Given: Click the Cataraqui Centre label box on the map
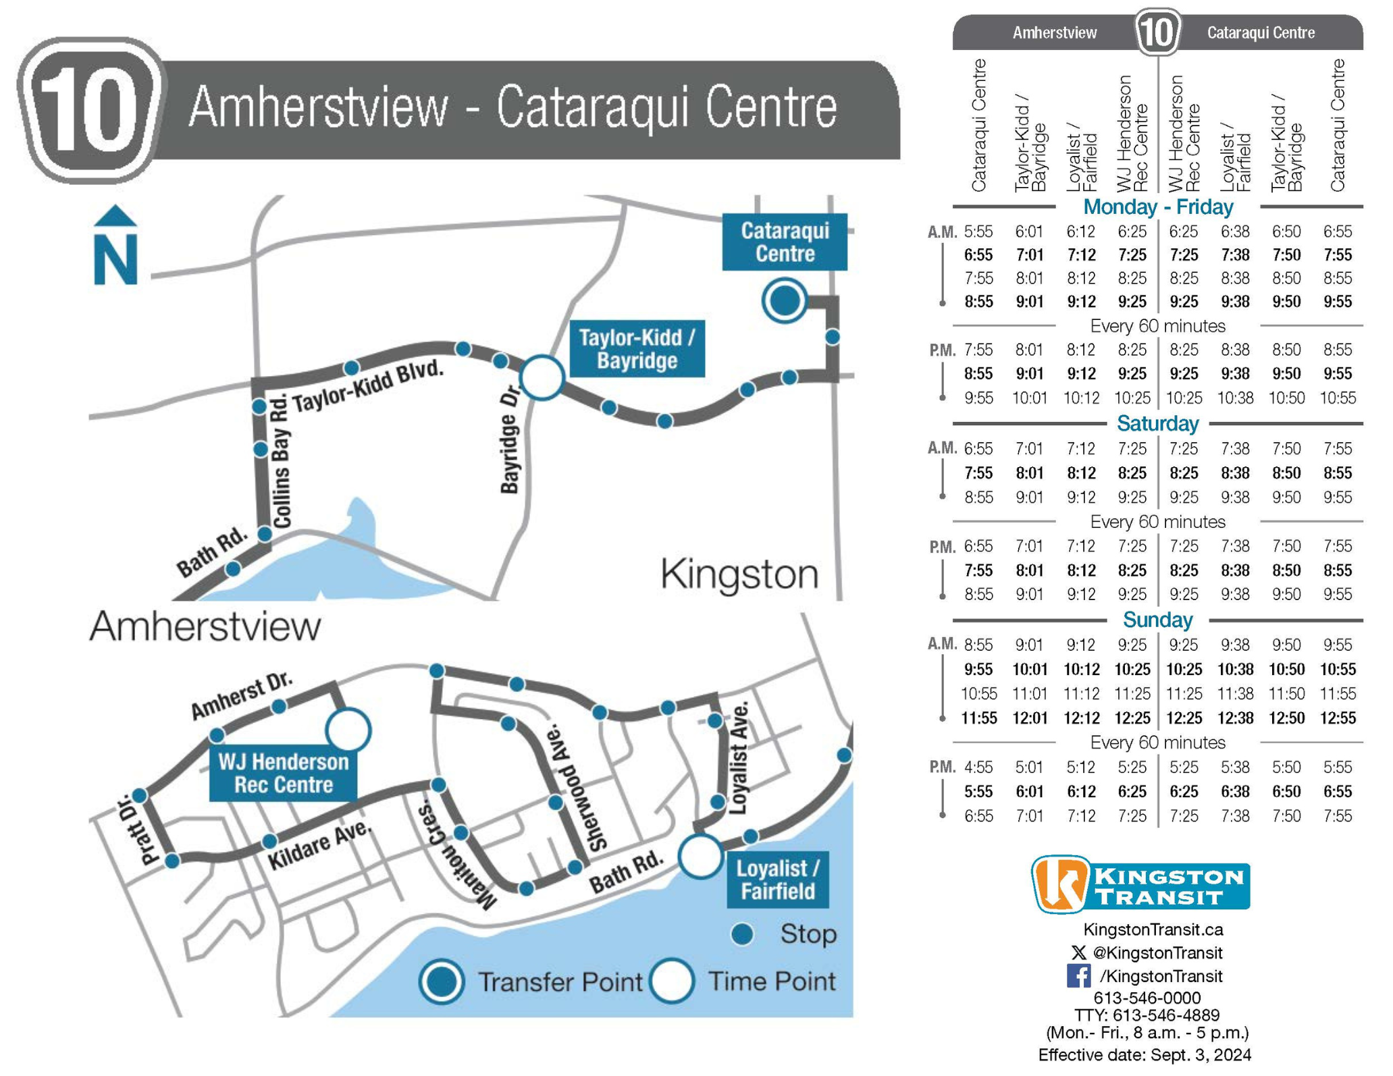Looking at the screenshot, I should click(x=784, y=242).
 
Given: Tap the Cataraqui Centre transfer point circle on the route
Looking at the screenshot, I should click(x=784, y=300).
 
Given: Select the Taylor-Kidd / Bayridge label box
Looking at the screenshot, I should click(x=637, y=348).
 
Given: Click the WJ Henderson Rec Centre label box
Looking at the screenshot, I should click(x=283, y=774).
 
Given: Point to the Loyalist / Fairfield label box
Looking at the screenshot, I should click(x=777, y=880).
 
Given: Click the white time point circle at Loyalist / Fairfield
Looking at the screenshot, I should click(x=700, y=856).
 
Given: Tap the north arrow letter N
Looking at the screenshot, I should click(x=115, y=259).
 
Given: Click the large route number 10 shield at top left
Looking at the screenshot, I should click(x=90, y=110).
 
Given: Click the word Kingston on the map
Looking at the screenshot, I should click(x=739, y=574).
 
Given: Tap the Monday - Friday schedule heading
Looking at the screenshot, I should click(x=1157, y=207).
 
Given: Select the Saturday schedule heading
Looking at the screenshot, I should click(x=1157, y=424).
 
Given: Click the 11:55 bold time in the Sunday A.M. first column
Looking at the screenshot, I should click(x=978, y=718).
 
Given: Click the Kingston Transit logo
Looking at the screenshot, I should click(x=1140, y=884).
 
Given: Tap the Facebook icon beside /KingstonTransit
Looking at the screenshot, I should click(x=1078, y=976).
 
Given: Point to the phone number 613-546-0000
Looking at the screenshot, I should click(x=1147, y=998).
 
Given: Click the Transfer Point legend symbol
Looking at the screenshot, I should click(x=441, y=982).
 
